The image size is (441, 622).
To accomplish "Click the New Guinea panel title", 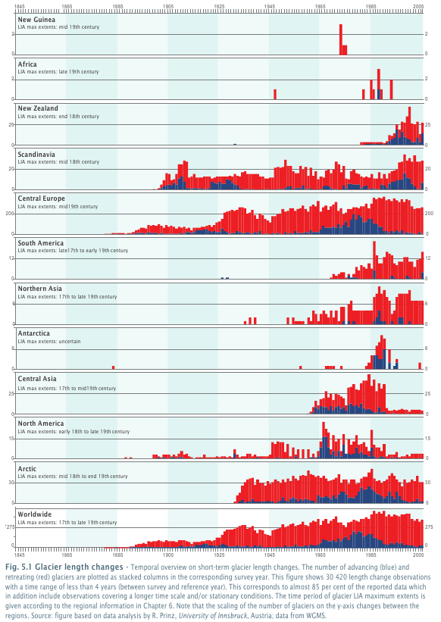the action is coord(36,20).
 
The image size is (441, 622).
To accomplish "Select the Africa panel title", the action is coord(27,64).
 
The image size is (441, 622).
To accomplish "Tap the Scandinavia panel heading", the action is coord(36,155).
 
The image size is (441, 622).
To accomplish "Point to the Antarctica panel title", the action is coord(33,333).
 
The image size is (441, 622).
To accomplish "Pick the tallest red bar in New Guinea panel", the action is coord(341,39).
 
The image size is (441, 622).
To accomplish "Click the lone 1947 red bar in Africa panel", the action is coord(275,95).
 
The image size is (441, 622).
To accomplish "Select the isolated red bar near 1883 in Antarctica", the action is coord(114,367).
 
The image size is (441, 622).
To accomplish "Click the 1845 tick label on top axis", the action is coord(20,6).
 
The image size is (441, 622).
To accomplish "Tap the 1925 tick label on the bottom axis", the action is coord(219,555).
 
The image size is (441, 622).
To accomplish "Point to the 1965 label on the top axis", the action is coord(321,6).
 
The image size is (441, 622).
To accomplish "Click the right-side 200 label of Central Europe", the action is coord(429,214).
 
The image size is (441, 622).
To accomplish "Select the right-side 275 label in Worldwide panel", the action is coord(429,527).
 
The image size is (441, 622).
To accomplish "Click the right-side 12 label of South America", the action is coord(428,258).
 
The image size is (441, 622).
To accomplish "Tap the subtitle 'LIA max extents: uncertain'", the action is coord(49,341).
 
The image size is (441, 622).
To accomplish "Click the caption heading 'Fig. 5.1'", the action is coord(19,567).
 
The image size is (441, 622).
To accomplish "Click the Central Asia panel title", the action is coord(37,379).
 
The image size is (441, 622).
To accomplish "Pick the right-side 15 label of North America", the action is coord(427,439).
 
